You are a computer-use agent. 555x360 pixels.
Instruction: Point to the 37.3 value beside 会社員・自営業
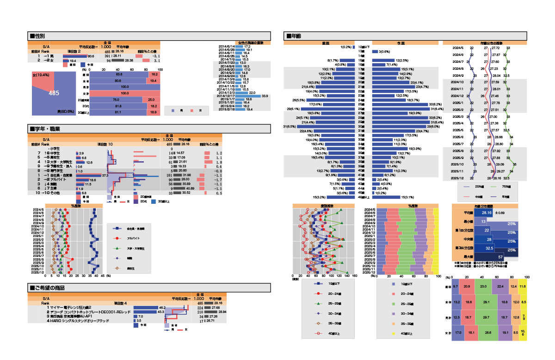(x=105, y=176)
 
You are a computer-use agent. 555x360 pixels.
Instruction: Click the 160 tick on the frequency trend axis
(x=354, y=276)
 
